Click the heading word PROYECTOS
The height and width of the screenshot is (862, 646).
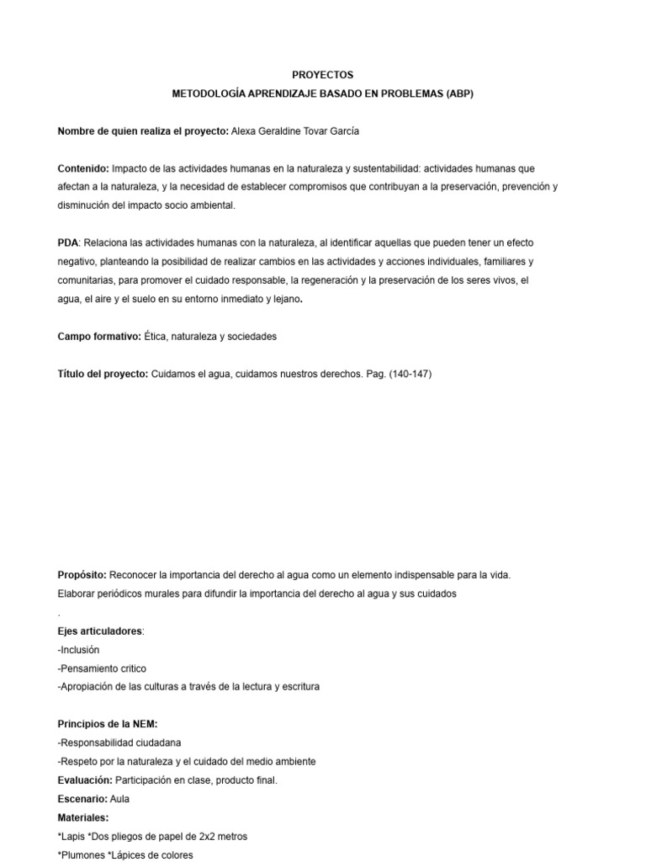pos(322,75)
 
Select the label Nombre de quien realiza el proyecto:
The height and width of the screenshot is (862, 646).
pos(142,130)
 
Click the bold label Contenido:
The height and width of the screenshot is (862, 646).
pos(83,168)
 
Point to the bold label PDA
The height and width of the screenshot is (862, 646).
pos(67,242)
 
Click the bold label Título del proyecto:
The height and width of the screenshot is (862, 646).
pos(103,373)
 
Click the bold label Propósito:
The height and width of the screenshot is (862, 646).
pos(82,575)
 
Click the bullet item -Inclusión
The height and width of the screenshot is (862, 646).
pos(78,649)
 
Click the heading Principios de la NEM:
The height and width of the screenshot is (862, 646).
pos(107,724)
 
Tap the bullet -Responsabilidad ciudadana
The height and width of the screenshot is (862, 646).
pos(119,742)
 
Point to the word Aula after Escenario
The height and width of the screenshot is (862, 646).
pos(119,798)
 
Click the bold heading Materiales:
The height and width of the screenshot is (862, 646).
pos(82,817)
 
